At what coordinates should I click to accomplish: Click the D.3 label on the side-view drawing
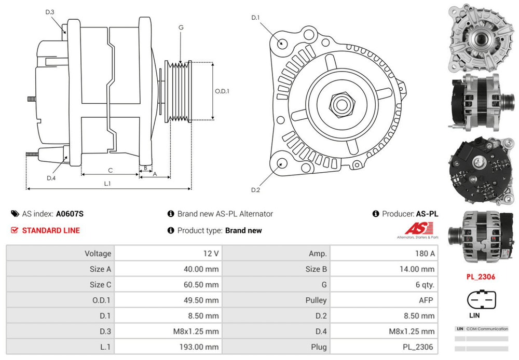(50, 11)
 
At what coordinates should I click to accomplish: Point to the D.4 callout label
(51, 178)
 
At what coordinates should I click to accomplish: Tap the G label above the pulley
(181, 27)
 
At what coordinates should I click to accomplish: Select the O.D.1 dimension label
(222, 91)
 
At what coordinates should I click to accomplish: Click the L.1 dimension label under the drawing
(107, 183)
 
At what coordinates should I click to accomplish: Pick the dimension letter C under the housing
(110, 170)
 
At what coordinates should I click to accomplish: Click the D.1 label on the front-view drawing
(255, 18)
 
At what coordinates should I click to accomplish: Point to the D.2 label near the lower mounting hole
(255, 190)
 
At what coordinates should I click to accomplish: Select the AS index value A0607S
(70, 214)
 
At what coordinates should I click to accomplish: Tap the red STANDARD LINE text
(51, 230)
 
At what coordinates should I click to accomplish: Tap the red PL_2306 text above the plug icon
(481, 276)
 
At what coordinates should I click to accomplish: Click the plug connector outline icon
(481, 299)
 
